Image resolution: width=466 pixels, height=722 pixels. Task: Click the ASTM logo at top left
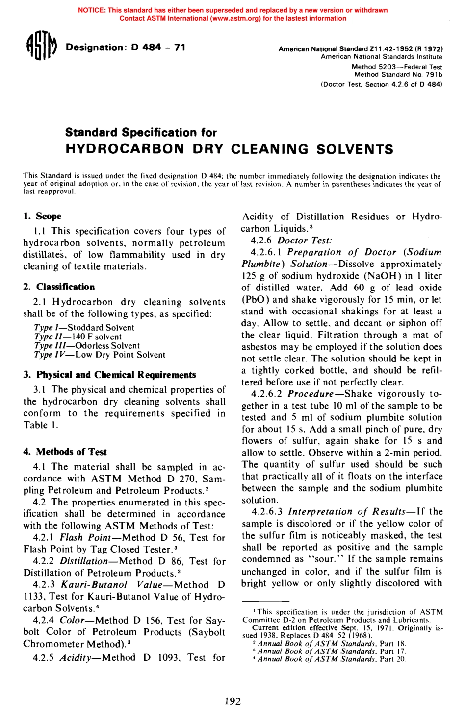pos(42,48)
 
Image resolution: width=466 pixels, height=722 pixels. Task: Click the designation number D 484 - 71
pos(158,48)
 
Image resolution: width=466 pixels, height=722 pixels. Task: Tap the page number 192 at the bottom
pos(233,701)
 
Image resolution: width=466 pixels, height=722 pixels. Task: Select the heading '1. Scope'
pos(42,216)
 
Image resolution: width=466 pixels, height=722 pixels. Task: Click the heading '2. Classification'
pos(59,287)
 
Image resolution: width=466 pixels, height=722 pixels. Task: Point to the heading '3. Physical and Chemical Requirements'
pos(109,375)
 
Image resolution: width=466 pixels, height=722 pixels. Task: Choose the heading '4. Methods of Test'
pos(65,452)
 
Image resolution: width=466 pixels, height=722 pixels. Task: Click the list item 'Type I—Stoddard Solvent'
pos(84,327)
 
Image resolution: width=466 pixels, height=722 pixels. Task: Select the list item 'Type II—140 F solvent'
pos(78,337)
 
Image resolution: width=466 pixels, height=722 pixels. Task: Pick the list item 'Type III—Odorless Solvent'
pos(87,345)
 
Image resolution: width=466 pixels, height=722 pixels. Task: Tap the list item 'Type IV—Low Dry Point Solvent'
pos(100,355)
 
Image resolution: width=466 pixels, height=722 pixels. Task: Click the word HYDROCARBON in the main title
pos(125,149)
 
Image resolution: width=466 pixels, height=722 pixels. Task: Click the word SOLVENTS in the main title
pos(355,149)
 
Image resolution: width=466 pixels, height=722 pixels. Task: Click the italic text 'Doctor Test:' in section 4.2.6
pos(305,240)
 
